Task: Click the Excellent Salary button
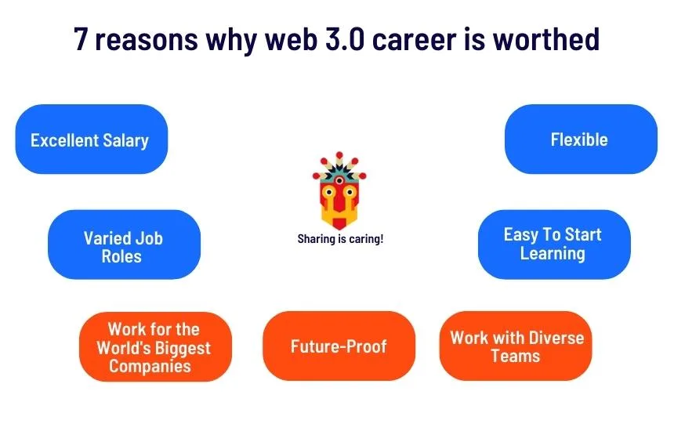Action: coord(91,139)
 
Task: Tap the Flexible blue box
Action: coord(580,139)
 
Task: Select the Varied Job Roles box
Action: coord(124,245)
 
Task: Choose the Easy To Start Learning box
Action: coord(553,244)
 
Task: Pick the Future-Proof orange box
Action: coord(339,346)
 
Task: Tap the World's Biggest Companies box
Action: coord(154,347)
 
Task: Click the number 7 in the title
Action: coord(82,38)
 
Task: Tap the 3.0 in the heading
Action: coord(337,38)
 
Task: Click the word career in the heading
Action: coord(413,38)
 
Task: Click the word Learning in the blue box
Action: coord(553,254)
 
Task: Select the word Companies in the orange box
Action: coord(150,366)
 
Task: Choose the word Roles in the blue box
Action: coord(122,256)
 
